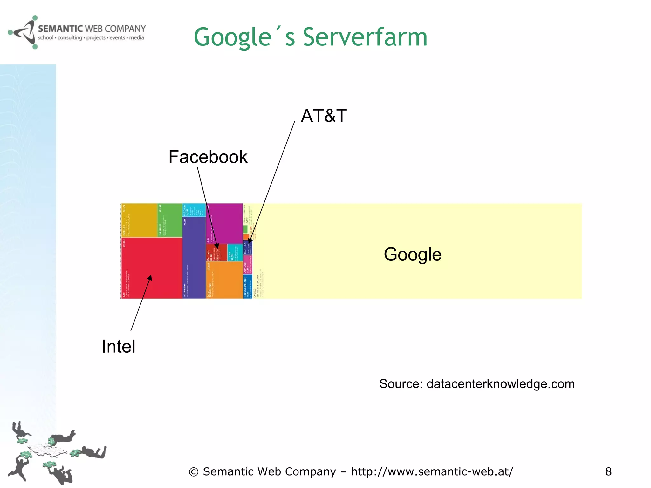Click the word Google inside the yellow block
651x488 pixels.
(412, 254)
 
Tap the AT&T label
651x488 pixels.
(323, 116)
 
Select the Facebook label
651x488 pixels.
(208, 157)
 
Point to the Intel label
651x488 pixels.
(118, 346)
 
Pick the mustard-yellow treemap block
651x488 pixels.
(139, 220)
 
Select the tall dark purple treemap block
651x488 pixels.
(194, 257)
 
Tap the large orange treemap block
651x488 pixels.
(224, 280)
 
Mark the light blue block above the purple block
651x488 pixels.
(194, 210)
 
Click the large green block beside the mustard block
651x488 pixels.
(170, 220)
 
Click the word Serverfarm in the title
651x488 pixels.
(365, 37)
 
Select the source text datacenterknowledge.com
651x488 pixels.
(500, 384)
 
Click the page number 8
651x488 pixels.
(608, 471)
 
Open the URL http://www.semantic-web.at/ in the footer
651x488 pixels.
(432, 471)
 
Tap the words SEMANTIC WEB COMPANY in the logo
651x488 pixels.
(92, 29)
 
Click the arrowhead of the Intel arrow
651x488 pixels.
(150, 277)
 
